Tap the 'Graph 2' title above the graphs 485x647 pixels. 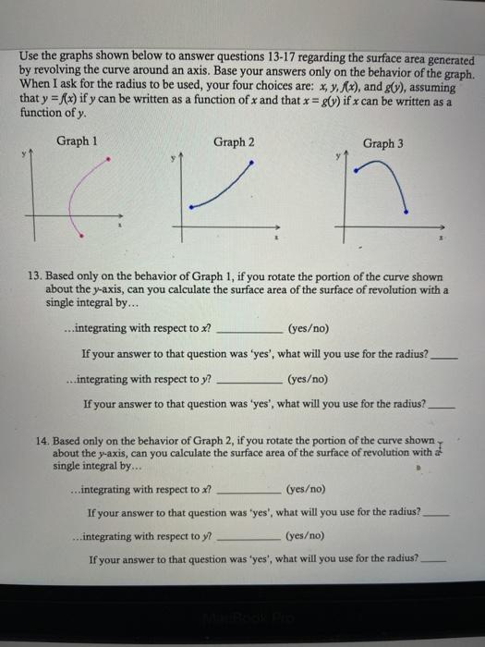point(234,141)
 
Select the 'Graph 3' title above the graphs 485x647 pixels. point(383,143)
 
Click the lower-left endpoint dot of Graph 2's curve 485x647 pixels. point(189,208)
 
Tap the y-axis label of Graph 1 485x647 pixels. point(27,157)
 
